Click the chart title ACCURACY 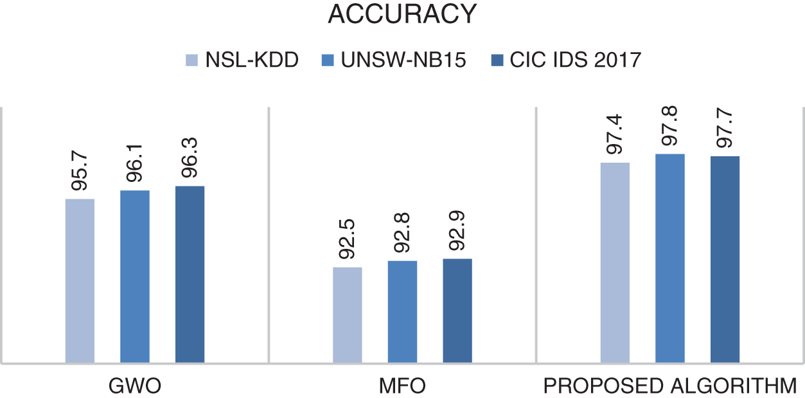pos(402,14)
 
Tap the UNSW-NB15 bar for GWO pos(135,276)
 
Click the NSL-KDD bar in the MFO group pos(348,315)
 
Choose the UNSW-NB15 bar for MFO pos(402,312)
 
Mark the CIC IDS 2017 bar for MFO pos(457,311)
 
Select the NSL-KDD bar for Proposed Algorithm pos(615,263)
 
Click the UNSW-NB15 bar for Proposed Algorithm pos(670,258)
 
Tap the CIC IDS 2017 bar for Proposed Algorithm pos(725,260)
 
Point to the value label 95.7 pos(80,174)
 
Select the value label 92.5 pos(348,242)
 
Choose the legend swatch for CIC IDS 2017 pos(497,60)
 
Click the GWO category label pos(135,386)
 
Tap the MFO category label pos(402,386)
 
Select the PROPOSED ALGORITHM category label pos(670,386)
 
